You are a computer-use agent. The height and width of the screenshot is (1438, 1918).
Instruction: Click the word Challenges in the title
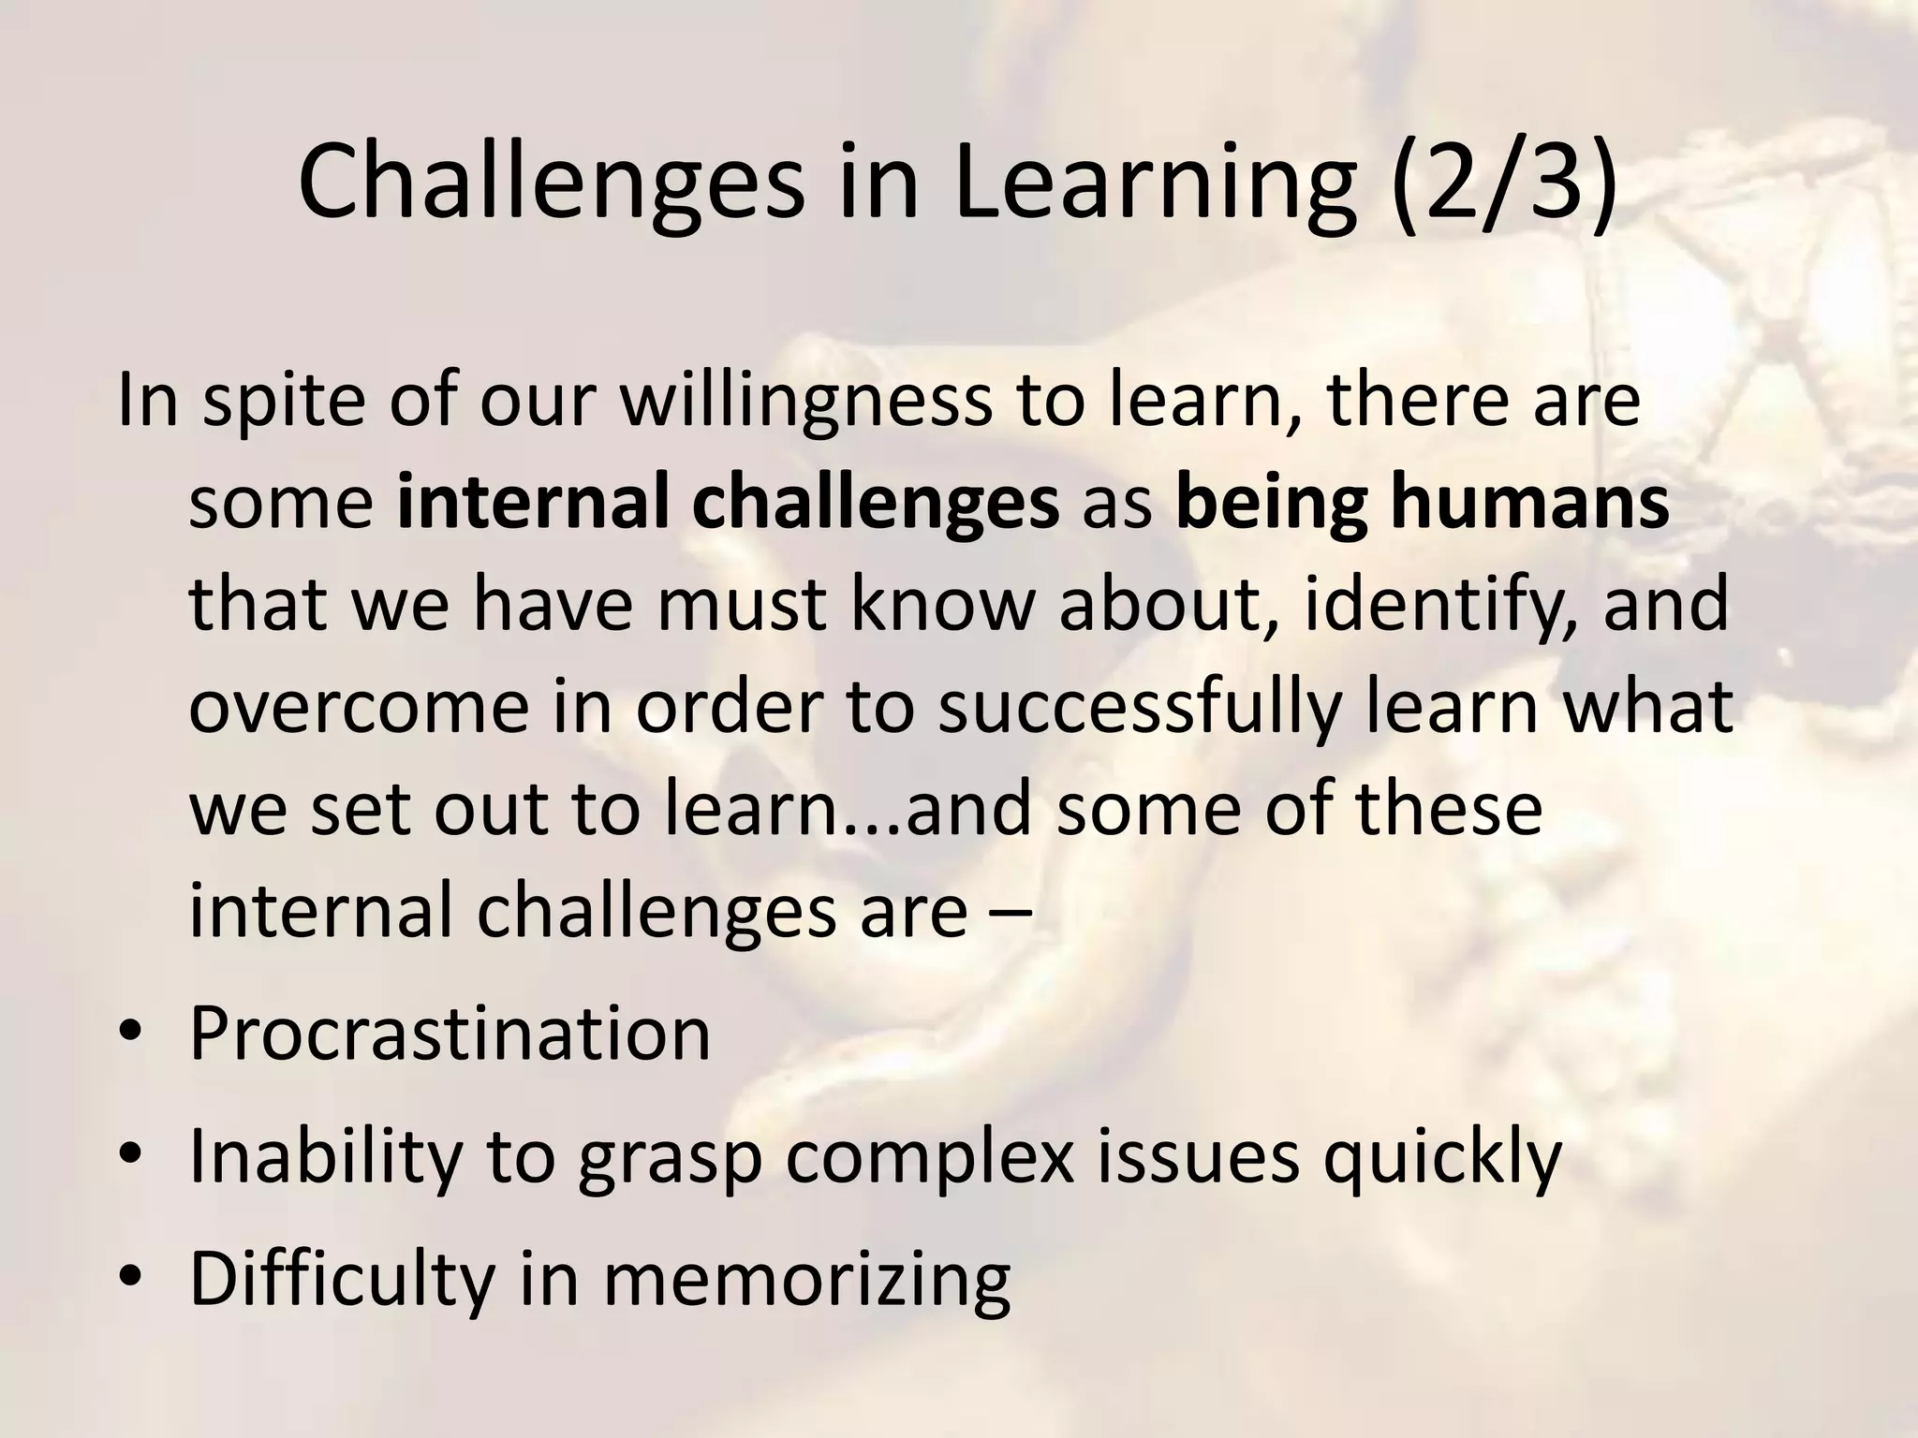click(x=551, y=183)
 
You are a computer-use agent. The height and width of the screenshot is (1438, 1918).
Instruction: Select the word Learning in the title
click(x=1152, y=183)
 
